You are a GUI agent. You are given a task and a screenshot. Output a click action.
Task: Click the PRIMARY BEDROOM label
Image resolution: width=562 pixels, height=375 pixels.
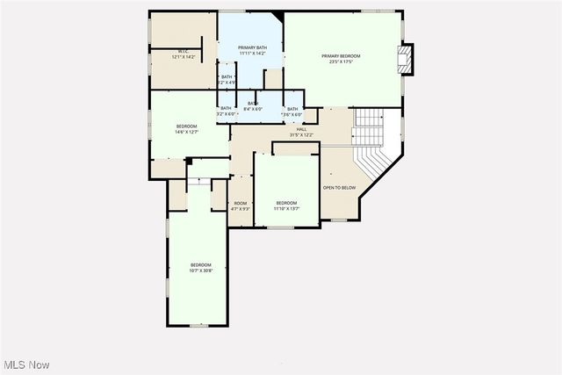pos(345,55)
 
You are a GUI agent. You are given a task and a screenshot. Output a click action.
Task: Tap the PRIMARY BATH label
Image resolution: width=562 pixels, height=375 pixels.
pos(252,47)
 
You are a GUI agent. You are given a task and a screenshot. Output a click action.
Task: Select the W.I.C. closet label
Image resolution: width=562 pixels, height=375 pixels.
pos(184,51)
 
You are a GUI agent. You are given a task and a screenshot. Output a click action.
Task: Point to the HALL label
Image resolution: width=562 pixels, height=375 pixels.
pos(300,129)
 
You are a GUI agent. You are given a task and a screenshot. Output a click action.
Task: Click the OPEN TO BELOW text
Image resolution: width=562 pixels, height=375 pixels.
pos(339,187)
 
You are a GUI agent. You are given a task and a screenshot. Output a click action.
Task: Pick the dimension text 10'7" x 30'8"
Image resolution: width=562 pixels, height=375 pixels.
pos(201,270)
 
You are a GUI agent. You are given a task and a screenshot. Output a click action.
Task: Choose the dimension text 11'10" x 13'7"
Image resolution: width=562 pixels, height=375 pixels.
pos(286,209)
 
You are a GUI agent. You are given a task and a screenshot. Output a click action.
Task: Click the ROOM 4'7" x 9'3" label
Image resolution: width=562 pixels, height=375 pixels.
pos(240,206)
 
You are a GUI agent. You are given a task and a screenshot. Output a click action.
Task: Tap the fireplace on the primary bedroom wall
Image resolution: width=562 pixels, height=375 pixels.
pos(405,61)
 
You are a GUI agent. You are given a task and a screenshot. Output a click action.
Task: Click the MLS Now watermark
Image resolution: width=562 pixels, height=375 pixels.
pos(25,364)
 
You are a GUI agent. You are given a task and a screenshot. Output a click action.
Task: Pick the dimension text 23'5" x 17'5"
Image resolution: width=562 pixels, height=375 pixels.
pos(345,61)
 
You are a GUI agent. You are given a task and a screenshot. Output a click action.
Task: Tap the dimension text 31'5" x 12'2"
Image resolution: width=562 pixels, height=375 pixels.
pos(301,135)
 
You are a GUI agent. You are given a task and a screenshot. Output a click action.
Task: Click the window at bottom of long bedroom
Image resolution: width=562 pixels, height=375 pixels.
pos(198,326)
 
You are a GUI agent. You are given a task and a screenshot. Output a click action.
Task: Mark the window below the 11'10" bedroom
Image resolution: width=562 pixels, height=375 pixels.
pos(280,227)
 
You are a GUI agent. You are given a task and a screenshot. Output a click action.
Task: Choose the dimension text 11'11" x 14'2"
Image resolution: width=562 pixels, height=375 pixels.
pos(252,53)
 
